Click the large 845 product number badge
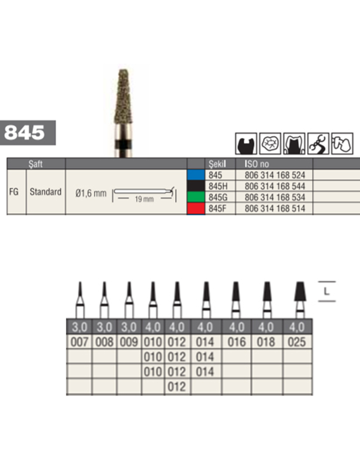pos(28,133)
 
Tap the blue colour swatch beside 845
pos(196,175)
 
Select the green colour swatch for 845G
pos(196,197)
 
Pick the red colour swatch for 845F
pos(196,208)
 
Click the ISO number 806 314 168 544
pos(275,186)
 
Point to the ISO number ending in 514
pos(275,208)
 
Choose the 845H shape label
pos(218,186)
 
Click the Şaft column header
pos(36,164)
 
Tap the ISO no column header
pos(257,164)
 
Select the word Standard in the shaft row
pos(46,192)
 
